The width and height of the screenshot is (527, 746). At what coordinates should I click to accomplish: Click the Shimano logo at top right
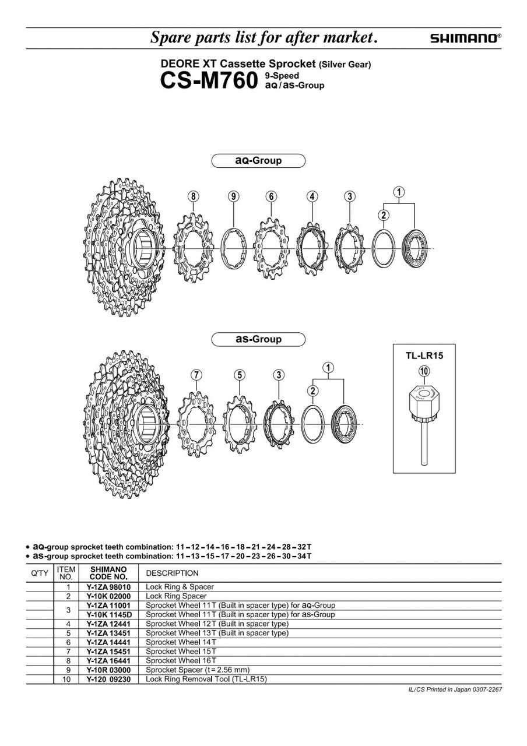pyautogui.click(x=465, y=38)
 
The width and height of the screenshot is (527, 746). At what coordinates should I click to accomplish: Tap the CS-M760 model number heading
pyautogui.click(x=209, y=81)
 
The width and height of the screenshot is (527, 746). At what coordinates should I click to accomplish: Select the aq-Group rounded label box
pyautogui.click(x=258, y=160)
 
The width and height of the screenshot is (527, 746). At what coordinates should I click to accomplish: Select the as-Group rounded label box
pyautogui.click(x=258, y=339)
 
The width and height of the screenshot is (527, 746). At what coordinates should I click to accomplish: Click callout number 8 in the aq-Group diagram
pyautogui.click(x=193, y=196)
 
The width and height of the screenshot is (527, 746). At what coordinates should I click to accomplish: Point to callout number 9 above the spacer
pyautogui.click(x=233, y=196)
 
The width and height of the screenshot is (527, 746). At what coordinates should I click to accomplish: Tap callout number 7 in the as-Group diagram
pyautogui.click(x=196, y=375)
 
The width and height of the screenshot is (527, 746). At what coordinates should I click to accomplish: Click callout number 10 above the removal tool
pyautogui.click(x=424, y=371)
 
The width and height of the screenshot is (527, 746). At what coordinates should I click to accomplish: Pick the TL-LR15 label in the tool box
pyautogui.click(x=424, y=356)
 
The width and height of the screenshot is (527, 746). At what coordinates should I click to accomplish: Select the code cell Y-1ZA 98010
pyautogui.click(x=108, y=587)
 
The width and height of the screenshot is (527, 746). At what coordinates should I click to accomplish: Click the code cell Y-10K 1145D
pyautogui.click(x=109, y=614)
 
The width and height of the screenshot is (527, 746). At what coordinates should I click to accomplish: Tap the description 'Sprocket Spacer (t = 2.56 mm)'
pyautogui.click(x=198, y=670)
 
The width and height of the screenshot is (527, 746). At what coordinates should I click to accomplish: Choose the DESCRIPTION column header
pyautogui.click(x=172, y=573)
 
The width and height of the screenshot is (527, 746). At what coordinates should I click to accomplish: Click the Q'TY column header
pyautogui.click(x=40, y=573)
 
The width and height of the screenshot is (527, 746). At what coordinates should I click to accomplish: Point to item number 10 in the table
pyautogui.click(x=66, y=679)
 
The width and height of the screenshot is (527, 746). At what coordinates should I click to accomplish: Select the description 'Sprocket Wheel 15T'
pyautogui.click(x=181, y=651)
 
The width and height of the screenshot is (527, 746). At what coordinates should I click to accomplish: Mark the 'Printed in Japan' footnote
pyautogui.click(x=455, y=689)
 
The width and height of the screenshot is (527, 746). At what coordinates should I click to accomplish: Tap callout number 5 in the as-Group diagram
pyautogui.click(x=240, y=375)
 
